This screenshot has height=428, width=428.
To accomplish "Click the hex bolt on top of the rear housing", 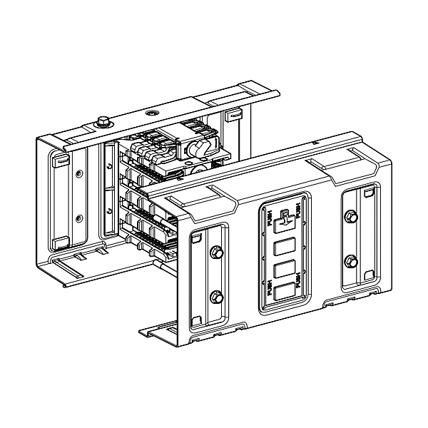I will [102, 122].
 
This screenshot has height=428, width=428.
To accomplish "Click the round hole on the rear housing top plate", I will [151, 113].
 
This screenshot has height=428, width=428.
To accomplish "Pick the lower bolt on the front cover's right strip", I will [350, 260].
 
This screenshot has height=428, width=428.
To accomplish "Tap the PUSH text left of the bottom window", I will [270, 293].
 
